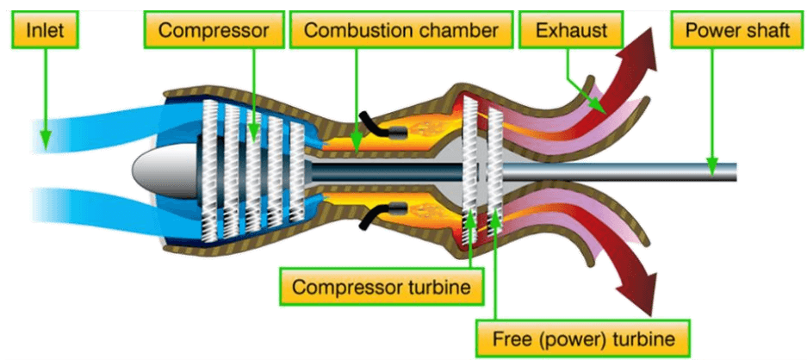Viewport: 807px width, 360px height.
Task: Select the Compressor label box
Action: pyautogui.click(x=220, y=32)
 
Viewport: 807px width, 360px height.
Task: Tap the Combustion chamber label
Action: pyautogui.click(x=401, y=32)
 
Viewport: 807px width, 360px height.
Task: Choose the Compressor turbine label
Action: pyautogui.click(x=382, y=287)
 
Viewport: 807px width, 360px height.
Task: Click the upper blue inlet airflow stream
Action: pyautogui.click(x=95, y=129)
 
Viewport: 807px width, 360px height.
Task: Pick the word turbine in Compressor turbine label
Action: pyautogui.click(x=440, y=287)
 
